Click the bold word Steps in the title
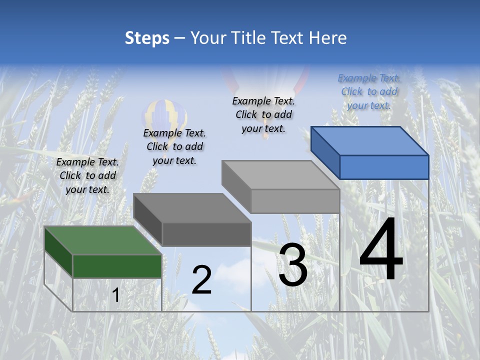click(147, 38)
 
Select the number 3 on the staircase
click(293, 265)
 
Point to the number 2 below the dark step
click(201, 280)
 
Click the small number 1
click(115, 295)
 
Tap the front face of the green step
click(117, 266)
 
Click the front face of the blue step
click(384, 167)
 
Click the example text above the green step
click(87, 175)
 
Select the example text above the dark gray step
click(174, 146)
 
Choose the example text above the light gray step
click(263, 114)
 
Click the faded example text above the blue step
click(369, 91)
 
